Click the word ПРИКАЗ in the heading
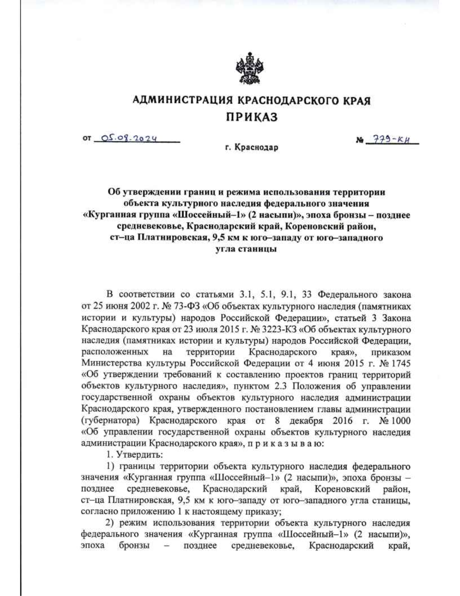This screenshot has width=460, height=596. [251, 117]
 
